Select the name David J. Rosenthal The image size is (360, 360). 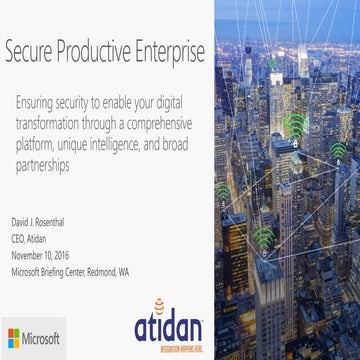(x=42, y=215)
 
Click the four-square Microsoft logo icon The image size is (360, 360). (x=17, y=334)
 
